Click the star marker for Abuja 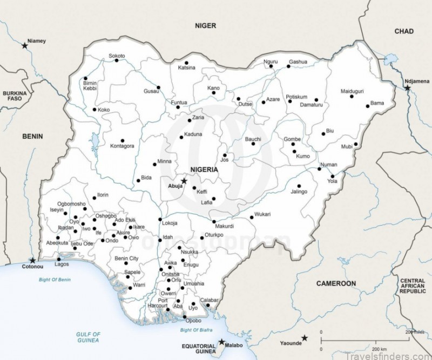point(184,181)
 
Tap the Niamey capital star point(25,46)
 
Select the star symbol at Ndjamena point(407,87)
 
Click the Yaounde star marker point(305,338)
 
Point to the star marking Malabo point(222,342)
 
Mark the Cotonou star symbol point(33,260)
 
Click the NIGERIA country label point(204,169)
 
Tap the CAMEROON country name point(336,283)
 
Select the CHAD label point(403,31)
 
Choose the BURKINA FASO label point(15,96)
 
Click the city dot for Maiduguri point(352,97)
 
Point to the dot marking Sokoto point(117,60)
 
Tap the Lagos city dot point(58,260)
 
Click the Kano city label point(213,87)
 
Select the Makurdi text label point(224,226)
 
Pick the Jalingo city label point(299,192)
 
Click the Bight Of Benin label point(55,280)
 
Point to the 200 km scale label point(380,349)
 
